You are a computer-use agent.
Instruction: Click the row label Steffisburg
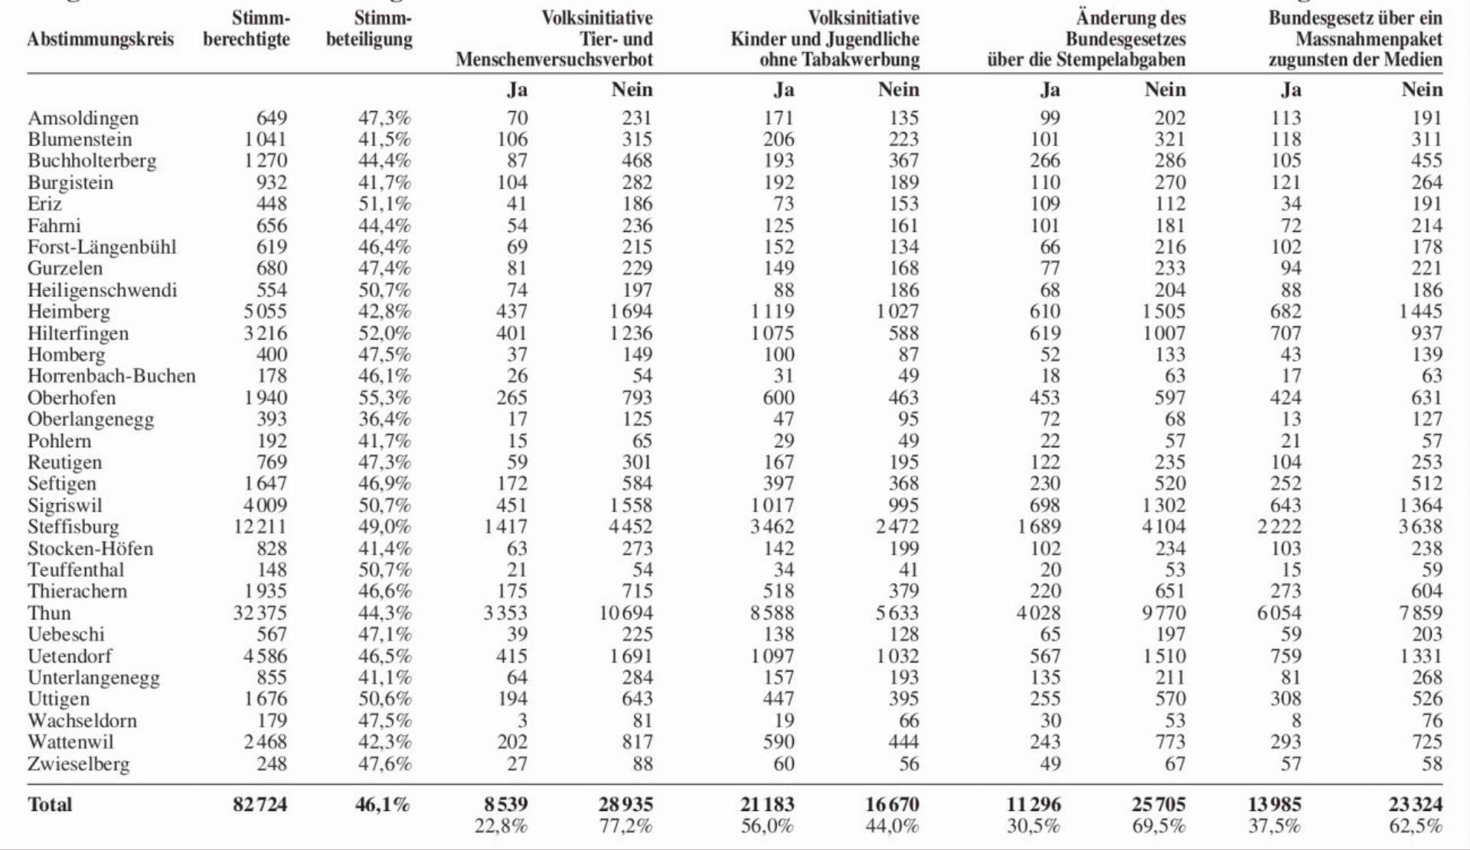coord(73,527)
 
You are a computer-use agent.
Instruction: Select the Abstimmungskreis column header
coord(100,39)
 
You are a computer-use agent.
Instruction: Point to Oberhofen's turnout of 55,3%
coord(384,397)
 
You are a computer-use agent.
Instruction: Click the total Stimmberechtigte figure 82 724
coord(260,804)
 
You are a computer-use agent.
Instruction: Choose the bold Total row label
coord(50,804)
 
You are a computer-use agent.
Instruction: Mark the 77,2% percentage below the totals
coord(626,826)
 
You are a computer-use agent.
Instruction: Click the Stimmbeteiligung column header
coord(369,28)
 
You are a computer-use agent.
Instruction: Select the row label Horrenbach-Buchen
coord(112,376)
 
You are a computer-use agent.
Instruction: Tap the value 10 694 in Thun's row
coord(626,613)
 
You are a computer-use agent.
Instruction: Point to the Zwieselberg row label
coord(79,764)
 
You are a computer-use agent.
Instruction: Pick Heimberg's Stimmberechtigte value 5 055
coord(266,312)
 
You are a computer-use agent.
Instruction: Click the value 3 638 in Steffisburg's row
coord(1420,527)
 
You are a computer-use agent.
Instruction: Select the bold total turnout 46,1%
coord(383,804)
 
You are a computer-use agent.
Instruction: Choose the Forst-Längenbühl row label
coord(102,247)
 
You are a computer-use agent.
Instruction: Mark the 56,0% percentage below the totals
coord(767,826)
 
